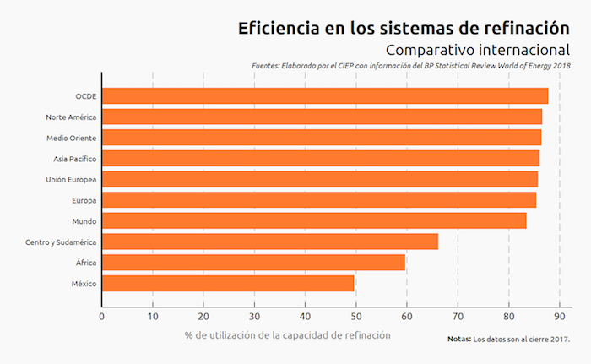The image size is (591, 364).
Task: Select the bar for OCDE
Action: click(325, 95)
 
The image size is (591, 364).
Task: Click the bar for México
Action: click(228, 283)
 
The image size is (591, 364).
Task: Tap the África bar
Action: click(253, 263)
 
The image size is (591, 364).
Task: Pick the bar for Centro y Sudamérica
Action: click(270, 242)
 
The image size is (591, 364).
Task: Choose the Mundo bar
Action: click(314, 220)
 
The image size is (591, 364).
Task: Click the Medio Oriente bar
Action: click(322, 137)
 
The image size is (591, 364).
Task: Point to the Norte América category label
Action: click(71, 117)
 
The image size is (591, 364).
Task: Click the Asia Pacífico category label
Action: click(74, 158)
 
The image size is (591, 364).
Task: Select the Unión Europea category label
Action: click(71, 179)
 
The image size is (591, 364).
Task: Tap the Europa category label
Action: click(84, 200)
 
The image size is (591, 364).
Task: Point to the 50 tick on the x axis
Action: click(356, 316)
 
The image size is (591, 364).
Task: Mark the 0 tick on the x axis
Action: click(102, 316)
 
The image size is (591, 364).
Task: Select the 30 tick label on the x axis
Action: click(254, 316)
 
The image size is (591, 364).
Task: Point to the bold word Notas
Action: click(458, 340)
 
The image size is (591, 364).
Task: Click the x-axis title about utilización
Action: click(288, 335)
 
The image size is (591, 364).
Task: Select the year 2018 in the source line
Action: click(561, 66)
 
